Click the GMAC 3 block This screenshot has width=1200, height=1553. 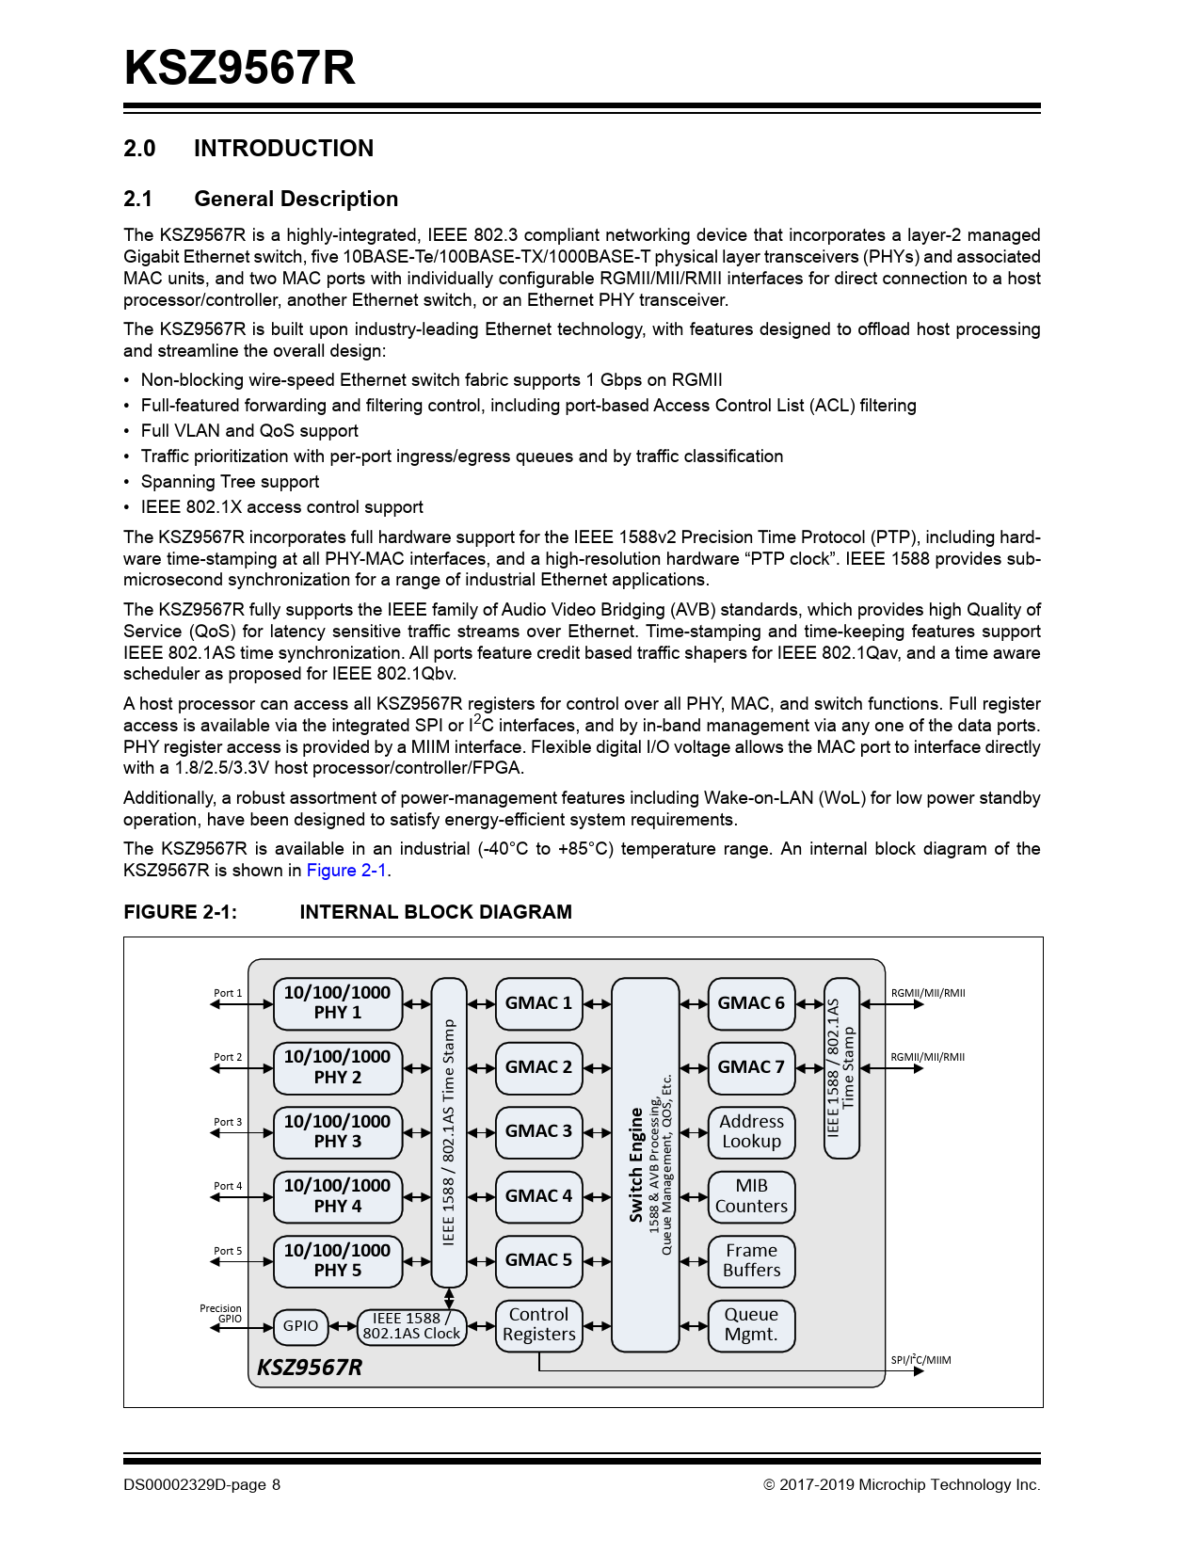[x=538, y=1131]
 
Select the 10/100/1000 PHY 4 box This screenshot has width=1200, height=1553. [x=338, y=1196]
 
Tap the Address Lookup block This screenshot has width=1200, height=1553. [x=751, y=1131]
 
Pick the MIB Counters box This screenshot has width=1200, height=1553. [x=751, y=1196]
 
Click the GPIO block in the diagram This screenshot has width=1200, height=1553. [x=300, y=1326]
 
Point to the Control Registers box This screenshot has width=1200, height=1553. [x=538, y=1325]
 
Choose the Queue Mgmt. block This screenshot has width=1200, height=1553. [x=751, y=1325]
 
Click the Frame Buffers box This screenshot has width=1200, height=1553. [x=751, y=1260]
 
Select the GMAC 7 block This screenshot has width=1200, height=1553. [x=751, y=1067]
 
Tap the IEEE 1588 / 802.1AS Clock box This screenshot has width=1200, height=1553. [x=411, y=1326]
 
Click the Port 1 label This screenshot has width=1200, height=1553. [x=228, y=993]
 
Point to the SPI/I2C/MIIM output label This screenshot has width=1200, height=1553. [x=920, y=1360]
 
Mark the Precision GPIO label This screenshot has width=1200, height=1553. [x=221, y=1314]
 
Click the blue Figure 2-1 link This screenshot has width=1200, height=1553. [x=346, y=871]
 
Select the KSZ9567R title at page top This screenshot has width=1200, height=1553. [x=240, y=68]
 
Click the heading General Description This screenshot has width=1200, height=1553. [x=296, y=200]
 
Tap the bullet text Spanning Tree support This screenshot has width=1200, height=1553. [x=230, y=482]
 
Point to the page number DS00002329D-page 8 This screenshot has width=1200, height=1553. [x=201, y=1485]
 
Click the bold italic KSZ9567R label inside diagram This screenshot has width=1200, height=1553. [x=310, y=1368]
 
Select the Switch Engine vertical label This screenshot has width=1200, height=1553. [x=637, y=1165]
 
